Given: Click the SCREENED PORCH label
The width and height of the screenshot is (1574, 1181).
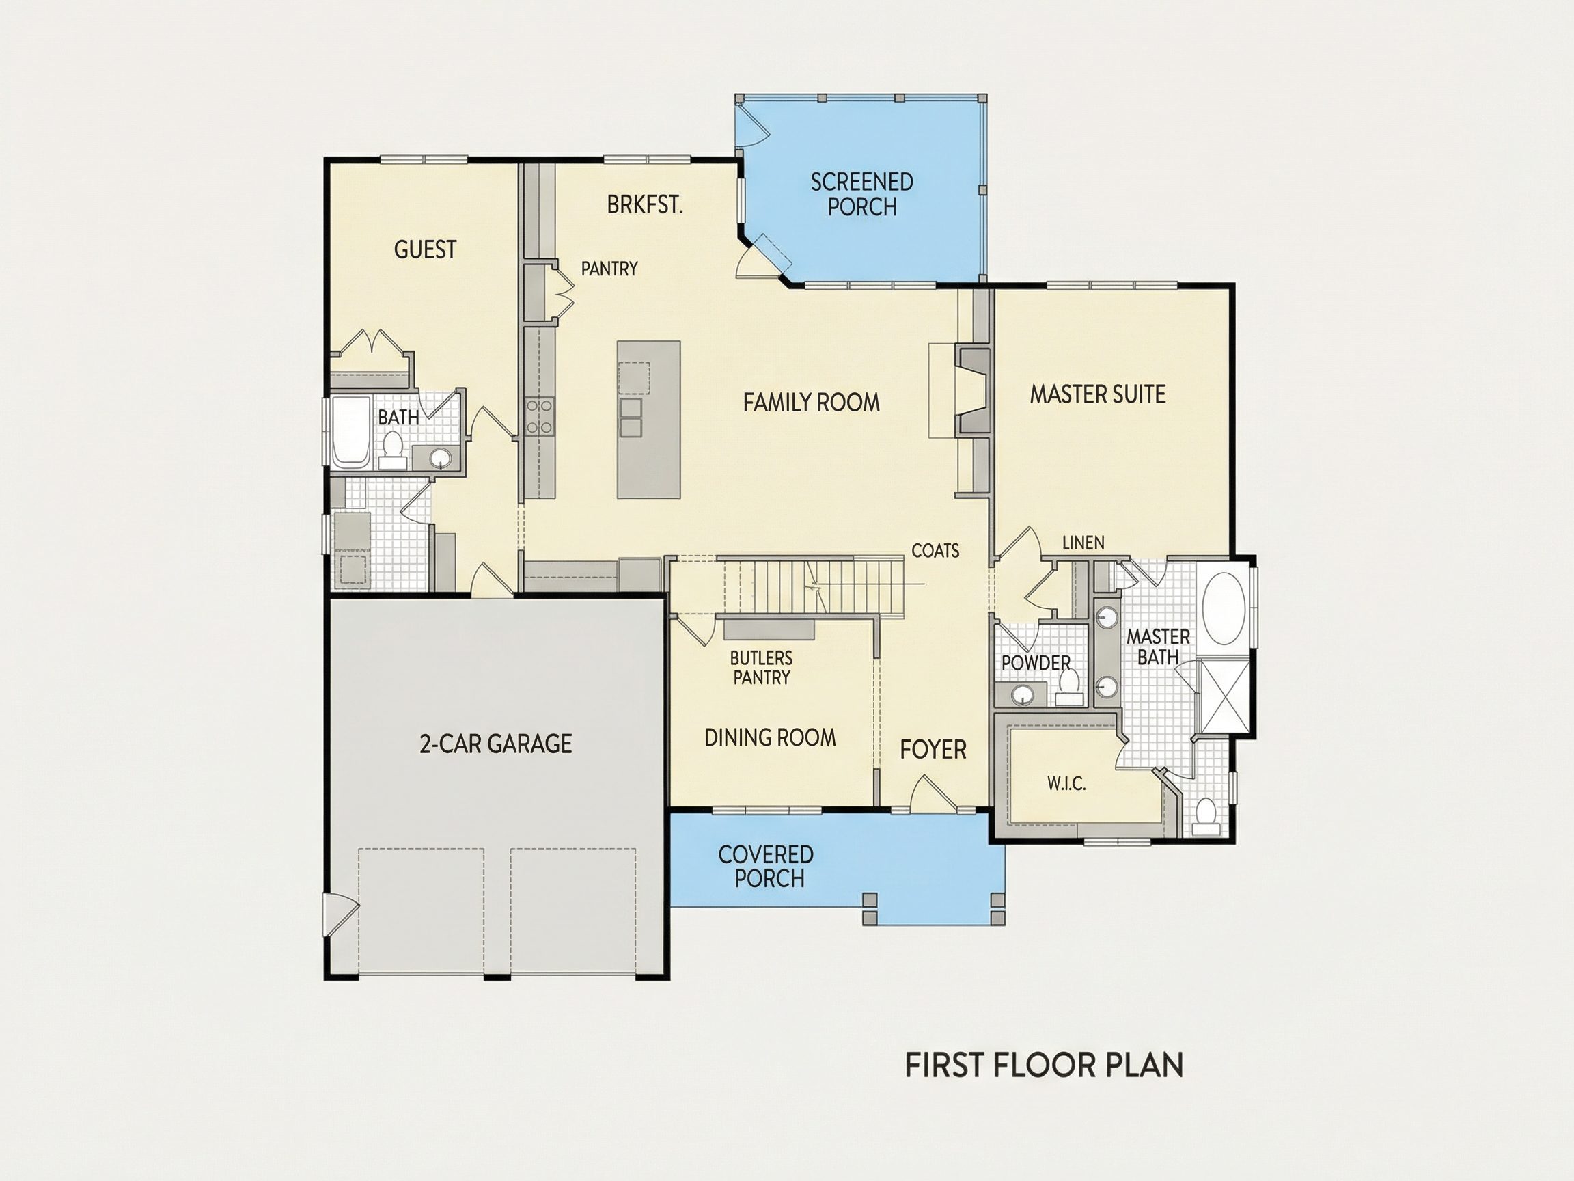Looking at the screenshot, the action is point(861,194).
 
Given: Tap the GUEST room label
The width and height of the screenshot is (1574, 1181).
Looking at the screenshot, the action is point(425,249).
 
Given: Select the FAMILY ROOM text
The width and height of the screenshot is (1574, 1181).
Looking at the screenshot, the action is point(811,403).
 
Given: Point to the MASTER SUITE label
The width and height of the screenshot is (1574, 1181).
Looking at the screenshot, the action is point(1097,394).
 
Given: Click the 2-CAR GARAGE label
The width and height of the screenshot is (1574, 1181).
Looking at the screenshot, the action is point(495,744).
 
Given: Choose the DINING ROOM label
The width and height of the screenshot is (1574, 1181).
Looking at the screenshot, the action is point(770,737).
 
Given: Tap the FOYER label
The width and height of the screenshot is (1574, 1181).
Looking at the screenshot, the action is point(933,750).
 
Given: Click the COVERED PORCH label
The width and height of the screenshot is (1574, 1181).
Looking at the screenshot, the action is point(767,867).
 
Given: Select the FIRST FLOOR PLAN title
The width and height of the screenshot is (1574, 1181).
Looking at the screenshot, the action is point(1044,1065).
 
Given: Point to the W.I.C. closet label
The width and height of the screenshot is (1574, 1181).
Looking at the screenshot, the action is point(1066,785).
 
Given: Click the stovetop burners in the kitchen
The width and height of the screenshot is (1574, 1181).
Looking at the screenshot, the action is point(540,416).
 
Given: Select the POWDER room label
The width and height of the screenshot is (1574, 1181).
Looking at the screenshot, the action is point(1036,663).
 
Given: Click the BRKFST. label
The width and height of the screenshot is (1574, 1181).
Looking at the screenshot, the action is point(645,205).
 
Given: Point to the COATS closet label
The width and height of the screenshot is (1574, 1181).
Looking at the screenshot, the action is point(935,550).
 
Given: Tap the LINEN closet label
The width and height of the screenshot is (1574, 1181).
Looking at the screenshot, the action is point(1083,543).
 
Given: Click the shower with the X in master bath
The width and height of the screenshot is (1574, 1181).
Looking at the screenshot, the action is point(1224,696).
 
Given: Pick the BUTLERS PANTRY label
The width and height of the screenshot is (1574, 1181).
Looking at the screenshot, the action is point(762,668).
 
